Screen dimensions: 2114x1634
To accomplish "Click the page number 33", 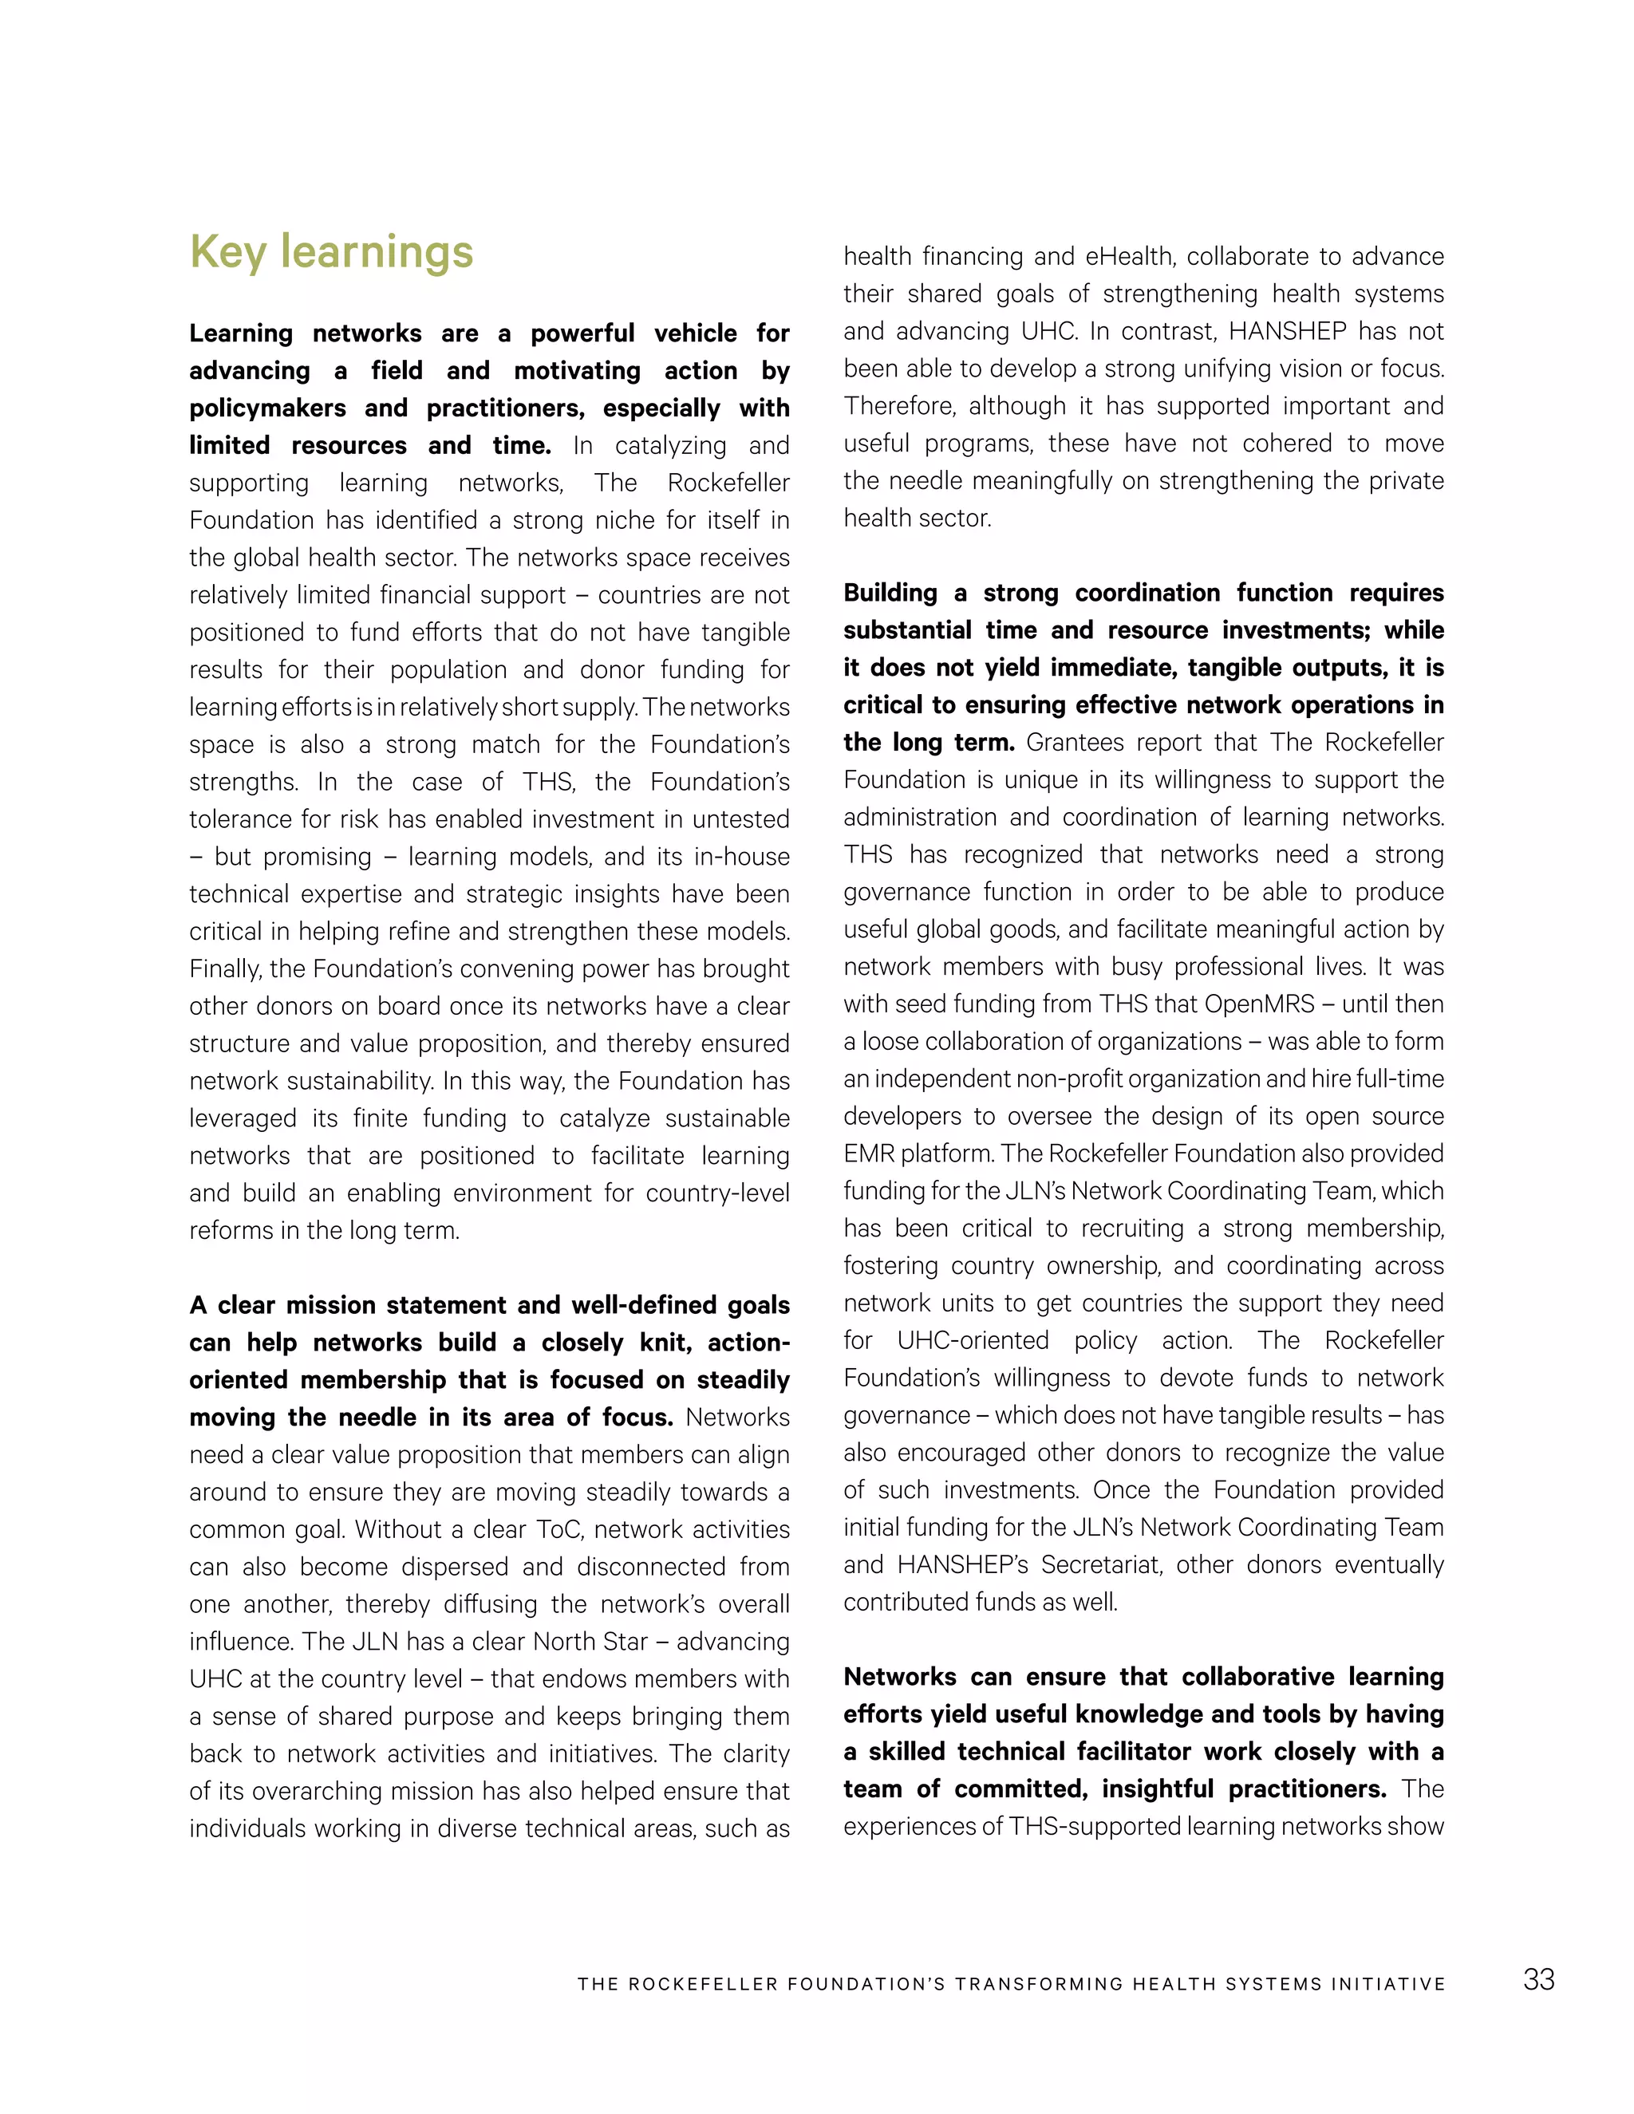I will (1538, 1979).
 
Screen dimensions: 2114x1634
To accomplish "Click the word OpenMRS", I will (1259, 1004).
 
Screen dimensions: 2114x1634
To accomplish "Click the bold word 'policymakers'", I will (267, 408).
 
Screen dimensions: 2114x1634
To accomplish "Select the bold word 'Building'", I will (890, 593).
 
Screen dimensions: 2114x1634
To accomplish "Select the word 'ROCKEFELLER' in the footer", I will (703, 1984).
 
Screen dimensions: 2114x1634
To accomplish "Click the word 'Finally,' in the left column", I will (226, 969).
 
